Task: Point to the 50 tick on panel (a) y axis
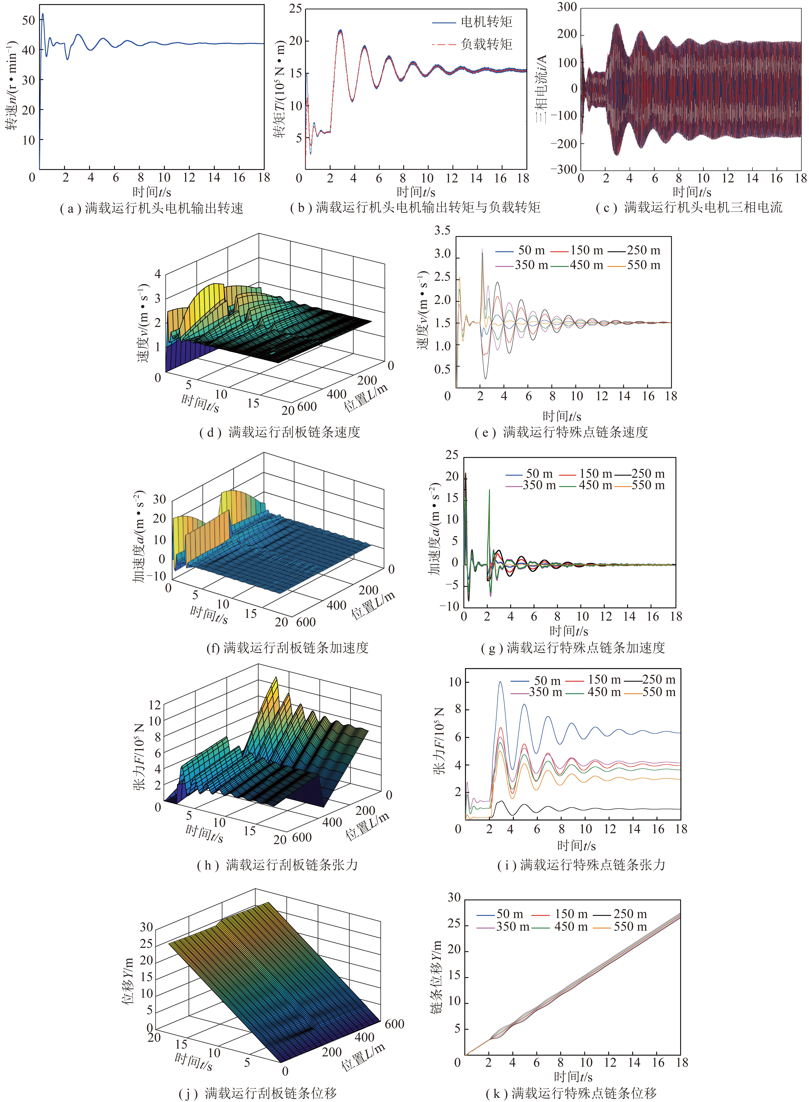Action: (28, 20)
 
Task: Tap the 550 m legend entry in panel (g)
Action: (640, 485)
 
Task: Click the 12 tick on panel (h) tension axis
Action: (155, 705)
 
